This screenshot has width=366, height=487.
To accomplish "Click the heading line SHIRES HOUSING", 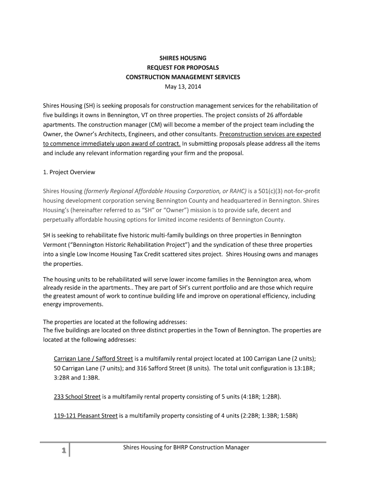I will [x=183, y=58].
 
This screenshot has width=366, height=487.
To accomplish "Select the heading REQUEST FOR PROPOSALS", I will [x=183, y=68].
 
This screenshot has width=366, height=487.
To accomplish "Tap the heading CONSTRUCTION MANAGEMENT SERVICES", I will [x=183, y=77].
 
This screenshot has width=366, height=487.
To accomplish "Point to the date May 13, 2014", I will [x=183, y=87].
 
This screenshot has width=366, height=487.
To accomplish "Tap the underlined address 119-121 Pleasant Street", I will [x=86, y=416].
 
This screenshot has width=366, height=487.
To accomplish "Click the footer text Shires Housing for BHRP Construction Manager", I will [x=186, y=448].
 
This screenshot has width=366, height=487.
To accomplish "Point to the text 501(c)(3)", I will [x=271, y=191].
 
